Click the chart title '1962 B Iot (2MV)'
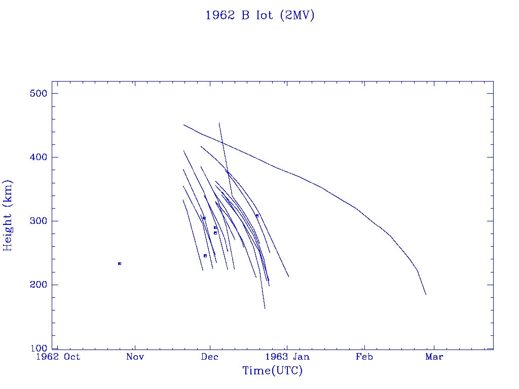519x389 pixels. [x=259, y=16]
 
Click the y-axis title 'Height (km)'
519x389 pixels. [x=8, y=215]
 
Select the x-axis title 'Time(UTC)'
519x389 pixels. [x=272, y=371]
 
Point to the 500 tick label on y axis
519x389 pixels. [x=38, y=94]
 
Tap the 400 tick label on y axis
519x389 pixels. [x=38, y=158]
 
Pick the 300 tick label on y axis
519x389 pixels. [x=38, y=221]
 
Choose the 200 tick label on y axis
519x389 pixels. [x=38, y=285]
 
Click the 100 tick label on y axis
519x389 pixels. [x=38, y=348]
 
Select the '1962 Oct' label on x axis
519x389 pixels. [x=57, y=357]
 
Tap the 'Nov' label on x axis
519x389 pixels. [x=135, y=357]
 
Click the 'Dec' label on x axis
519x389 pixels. [x=209, y=357]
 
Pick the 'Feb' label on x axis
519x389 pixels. [x=364, y=357]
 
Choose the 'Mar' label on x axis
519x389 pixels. [x=434, y=357]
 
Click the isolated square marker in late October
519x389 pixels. [x=120, y=263]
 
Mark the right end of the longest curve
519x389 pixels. [x=426, y=294]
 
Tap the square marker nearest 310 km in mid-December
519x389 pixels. [x=257, y=216]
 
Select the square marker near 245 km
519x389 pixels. [x=205, y=256]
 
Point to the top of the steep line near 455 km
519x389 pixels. [x=219, y=123]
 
